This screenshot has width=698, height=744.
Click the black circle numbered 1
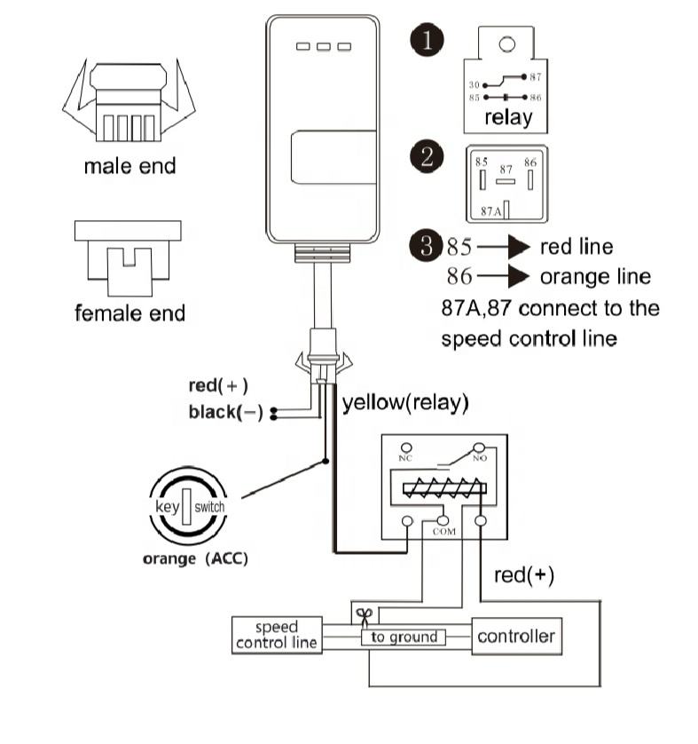tap(427, 40)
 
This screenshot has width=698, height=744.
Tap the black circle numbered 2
tap(427, 156)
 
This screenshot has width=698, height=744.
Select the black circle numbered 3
tap(427, 246)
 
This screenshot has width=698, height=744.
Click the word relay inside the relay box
tap(508, 118)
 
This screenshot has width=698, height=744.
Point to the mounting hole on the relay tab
tap(506, 44)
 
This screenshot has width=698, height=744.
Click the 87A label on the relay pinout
tap(491, 211)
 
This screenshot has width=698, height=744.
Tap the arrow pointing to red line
tap(503, 247)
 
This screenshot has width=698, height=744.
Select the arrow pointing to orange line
tap(503, 276)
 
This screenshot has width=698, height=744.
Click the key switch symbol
tap(188, 506)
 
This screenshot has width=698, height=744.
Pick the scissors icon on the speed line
tap(365, 617)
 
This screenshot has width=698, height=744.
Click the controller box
tap(516, 637)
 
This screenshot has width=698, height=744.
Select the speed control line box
tap(277, 635)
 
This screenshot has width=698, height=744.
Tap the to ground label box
tap(404, 637)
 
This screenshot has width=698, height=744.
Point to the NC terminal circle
tap(406, 447)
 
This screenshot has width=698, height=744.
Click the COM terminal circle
tap(443, 521)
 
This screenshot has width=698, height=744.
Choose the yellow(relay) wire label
tap(405, 403)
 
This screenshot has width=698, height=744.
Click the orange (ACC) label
tap(195, 559)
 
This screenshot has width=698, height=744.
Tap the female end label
tap(129, 313)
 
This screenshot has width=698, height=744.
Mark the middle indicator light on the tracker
tap(324, 46)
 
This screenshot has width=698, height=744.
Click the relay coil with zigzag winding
tap(444, 488)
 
